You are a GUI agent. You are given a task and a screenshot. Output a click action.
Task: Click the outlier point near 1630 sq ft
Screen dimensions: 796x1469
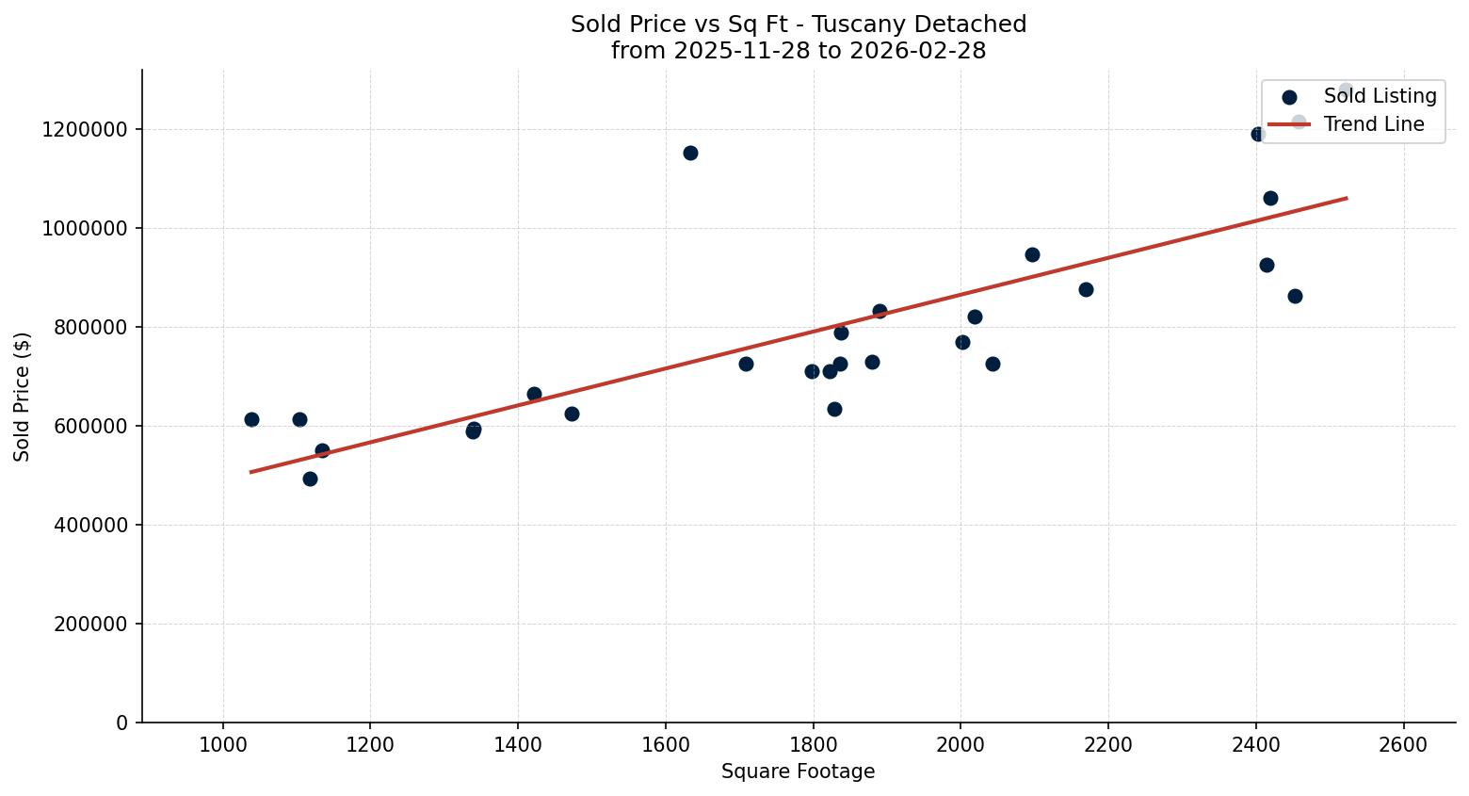(690, 153)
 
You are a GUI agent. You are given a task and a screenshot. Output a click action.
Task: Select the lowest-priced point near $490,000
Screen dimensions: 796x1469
(310, 479)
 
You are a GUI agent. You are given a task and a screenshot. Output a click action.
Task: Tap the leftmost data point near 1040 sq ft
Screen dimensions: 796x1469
(251, 419)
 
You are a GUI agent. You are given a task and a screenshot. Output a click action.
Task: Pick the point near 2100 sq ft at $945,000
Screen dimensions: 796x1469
(1032, 254)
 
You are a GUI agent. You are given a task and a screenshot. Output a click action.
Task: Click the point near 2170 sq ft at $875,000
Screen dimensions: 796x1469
(1086, 289)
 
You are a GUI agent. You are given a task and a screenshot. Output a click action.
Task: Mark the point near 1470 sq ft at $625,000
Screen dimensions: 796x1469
(572, 414)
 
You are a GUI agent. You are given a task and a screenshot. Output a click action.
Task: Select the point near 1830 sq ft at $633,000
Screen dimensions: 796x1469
(834, 409)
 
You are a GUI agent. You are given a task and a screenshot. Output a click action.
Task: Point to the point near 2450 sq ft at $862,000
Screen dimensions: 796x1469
(1295, 296)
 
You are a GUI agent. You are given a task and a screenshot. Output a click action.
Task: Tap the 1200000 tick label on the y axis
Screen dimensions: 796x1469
(85, 130)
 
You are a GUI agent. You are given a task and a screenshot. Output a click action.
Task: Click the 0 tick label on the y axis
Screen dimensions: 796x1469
(121, 723)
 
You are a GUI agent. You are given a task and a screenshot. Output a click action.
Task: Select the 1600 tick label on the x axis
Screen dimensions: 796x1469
(665, 744)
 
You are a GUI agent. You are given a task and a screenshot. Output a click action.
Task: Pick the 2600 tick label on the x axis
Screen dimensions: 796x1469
(1403, 744)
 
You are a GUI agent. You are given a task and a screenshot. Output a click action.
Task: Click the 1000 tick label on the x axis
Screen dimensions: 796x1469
(223, 744)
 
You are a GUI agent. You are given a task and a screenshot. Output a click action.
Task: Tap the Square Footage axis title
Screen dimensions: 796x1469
(798, 772)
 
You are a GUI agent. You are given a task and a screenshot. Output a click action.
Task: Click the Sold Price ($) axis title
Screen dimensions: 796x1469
(22, 397)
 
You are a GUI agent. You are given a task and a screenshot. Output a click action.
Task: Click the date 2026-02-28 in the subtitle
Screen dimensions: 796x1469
(917, 51)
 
